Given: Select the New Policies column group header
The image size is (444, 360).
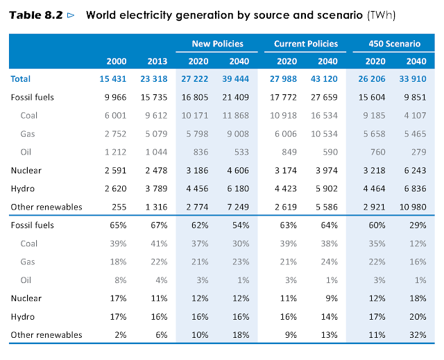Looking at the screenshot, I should coord(218,44).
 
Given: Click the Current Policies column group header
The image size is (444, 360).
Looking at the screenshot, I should coord(306,44).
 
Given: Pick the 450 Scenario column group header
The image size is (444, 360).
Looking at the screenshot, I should coord(394,44).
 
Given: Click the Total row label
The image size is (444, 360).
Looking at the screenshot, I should coord(21,79).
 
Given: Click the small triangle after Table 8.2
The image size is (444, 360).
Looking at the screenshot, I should coord(71,14).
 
